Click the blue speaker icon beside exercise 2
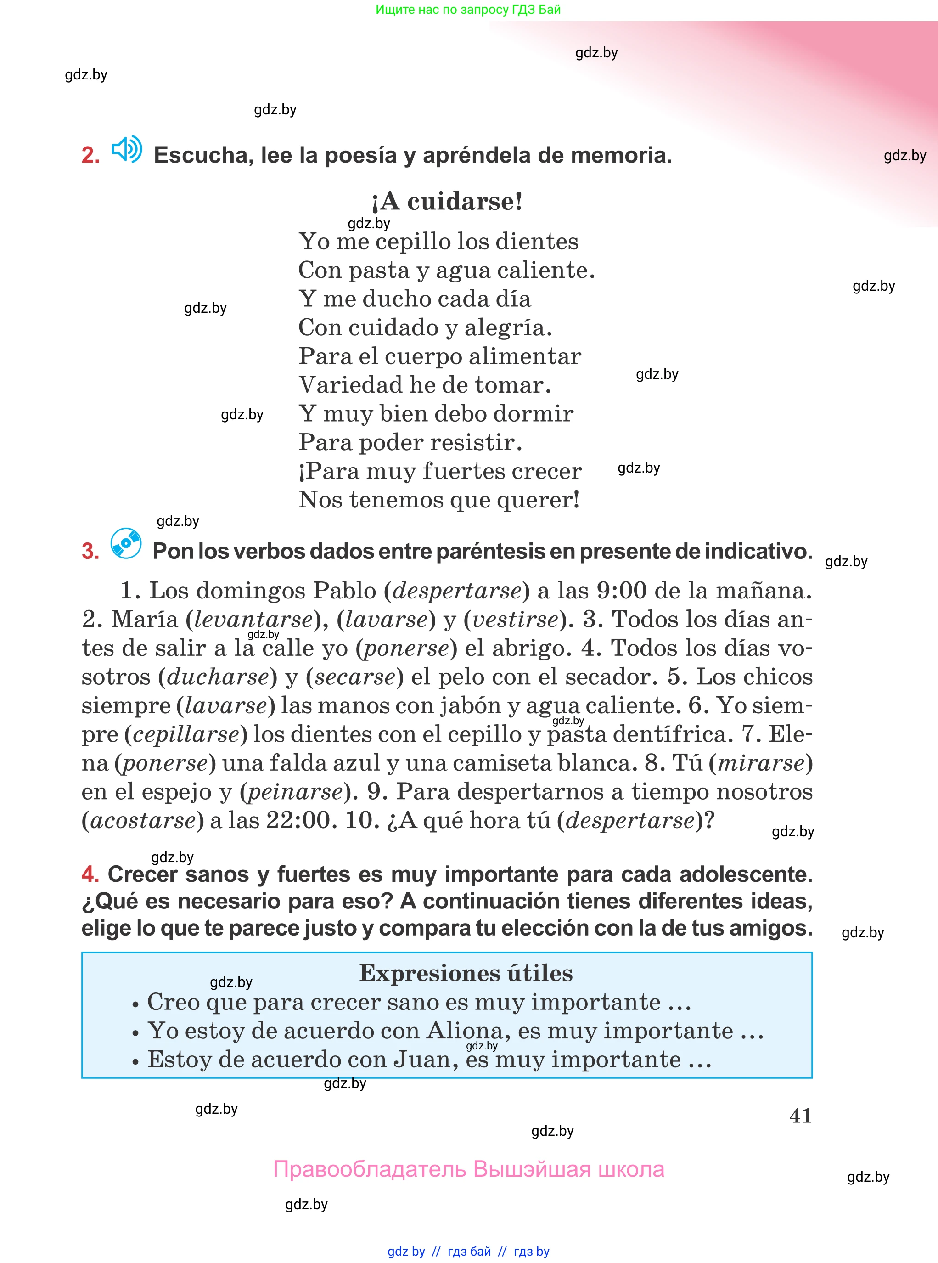[127, 149]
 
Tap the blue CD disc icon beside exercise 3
[126, 543]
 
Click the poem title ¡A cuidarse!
[446, 201]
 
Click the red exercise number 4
[90, 874]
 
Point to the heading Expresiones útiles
[466, 973]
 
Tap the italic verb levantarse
[253, 620]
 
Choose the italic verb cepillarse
[186, 734]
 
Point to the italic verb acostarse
[143, 821]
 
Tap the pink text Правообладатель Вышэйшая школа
[468, 1169]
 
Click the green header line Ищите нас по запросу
[468, 10]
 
